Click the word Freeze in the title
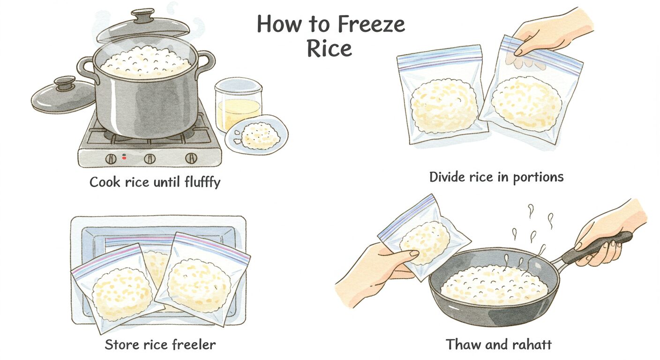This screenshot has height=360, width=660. point(371,24)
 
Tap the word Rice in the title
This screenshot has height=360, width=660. point(330,48)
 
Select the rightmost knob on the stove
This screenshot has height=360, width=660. point(191,158)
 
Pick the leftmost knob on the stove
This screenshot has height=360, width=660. point(111,159)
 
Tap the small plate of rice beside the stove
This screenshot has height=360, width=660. point(256,135)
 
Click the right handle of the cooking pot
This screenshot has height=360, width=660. point(208,63)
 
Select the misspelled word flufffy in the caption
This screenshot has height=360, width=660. point(202,182)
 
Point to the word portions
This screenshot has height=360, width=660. point(538,178)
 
